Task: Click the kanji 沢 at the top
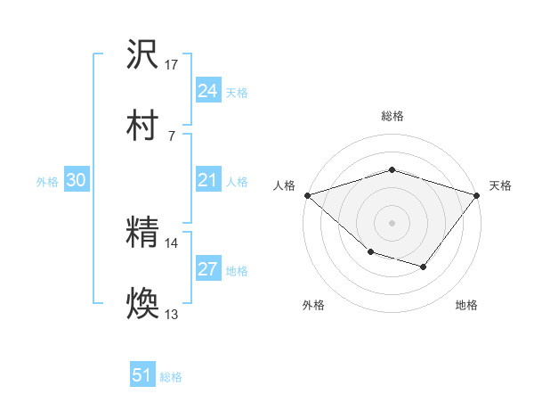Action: tap(142, 55)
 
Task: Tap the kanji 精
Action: tap(142, 233)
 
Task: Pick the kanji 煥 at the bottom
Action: tap(142, 304)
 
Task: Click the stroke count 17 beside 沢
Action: tap(172, 65)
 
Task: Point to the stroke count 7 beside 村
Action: tap(172, 136)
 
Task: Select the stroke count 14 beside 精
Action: tap(172, 242)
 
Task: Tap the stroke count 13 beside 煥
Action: tap(172, 315)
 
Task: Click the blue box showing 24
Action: tap(207, 91)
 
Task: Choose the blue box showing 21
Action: tap(207, 181)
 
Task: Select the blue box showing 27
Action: tap(207, 270)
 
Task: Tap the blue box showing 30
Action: tap(76, 181)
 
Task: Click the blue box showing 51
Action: tap(142, 376)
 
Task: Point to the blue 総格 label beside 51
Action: tap(171, 377)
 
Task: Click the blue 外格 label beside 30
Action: tap(47, 182)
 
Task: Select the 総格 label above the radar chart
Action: tap(392, 116)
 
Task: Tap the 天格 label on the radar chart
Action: tap(500, 185)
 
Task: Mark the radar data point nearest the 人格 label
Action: tap(307, 195)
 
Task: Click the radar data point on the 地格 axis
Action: tap(424, 267)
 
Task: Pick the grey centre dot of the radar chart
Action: tap(392, 222)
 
